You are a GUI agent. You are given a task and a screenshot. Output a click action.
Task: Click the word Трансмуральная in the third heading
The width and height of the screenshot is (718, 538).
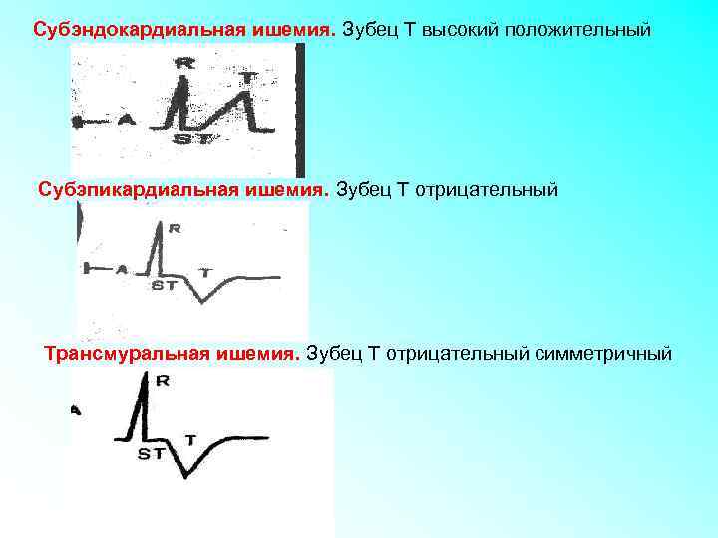(121, 353)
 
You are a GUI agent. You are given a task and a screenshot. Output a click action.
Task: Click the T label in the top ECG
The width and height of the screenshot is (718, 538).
(249, 75)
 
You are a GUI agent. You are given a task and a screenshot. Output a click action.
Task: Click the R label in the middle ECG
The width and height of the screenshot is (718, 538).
(176, 229)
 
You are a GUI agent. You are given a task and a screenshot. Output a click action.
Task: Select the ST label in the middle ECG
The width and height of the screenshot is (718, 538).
(165, 285)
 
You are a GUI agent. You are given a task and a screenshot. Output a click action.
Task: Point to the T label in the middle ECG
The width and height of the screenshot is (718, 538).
(206, 271)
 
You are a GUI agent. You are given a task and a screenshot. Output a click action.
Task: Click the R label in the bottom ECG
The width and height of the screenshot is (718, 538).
(163, 380)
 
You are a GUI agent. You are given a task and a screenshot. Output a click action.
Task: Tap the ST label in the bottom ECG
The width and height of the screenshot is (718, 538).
(152, 454)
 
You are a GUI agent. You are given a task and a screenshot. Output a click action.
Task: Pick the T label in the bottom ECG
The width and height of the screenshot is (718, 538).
(190, 438)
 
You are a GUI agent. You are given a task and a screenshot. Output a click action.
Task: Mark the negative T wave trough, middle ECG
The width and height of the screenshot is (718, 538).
(202, 300)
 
